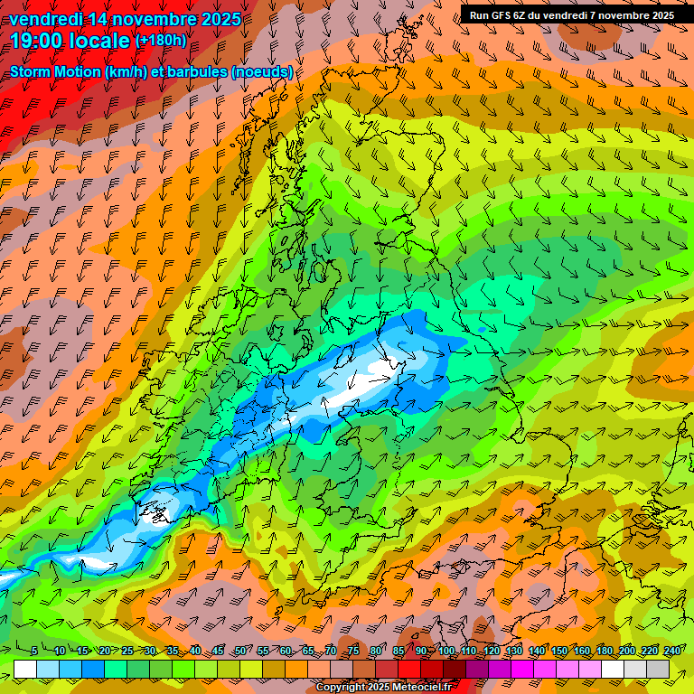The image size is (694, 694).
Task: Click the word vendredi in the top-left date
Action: click(x=46, y=18)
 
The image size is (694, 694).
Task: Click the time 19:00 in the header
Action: click(x=37, y=41)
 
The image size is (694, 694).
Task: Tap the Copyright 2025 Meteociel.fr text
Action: click(x=383, y=688)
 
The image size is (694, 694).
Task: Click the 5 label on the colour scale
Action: click(x=33, y=651)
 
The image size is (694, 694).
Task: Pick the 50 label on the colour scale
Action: click(x=239, y=651)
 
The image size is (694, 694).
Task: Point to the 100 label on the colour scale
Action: click(x=445, y=651)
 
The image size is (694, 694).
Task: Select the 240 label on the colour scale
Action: click(x=672, y=651)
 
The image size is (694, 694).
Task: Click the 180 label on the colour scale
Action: click(x=605, y=651)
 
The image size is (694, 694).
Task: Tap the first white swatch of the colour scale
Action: click(x=25, y=669)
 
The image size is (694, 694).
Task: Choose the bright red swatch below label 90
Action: click(x=409, y=669)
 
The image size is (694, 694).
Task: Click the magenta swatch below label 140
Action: click(x=523, y=669)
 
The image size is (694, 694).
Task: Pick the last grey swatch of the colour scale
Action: click(x=658, y=669)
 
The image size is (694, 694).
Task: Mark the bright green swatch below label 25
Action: click(x=116, y=669)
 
